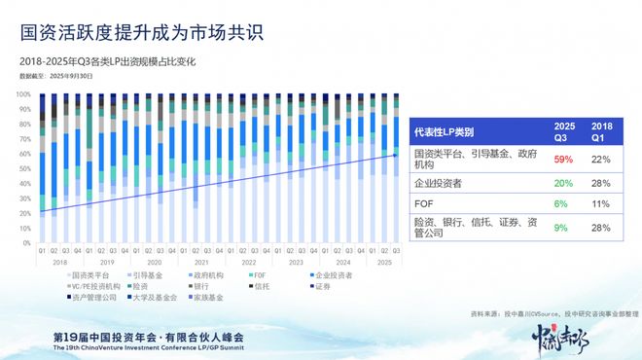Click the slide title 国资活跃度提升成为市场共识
point(141,33)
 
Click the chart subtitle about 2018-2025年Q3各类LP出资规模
point(122,61)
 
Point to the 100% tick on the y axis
point(24,93)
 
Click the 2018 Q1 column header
point(601,131)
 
